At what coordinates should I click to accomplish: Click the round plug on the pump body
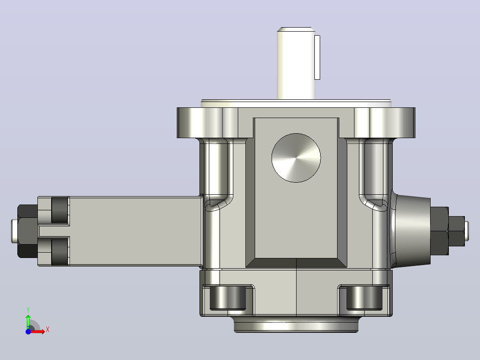[296, 158]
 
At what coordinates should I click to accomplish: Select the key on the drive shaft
[317, 57]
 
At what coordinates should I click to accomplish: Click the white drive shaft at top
[296, 63]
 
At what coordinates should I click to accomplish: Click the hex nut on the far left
[28, 231]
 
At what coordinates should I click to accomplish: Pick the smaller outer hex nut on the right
[457, 231]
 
